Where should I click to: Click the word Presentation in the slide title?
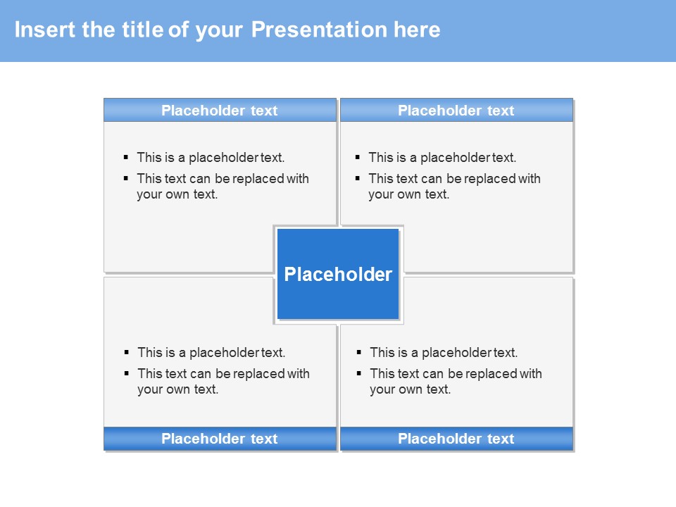(x=319, y=30)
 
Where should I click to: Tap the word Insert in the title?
(x=45, y=30)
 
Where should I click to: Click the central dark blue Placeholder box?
(x=338, y=274)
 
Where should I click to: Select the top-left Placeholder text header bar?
(x=220, y=110)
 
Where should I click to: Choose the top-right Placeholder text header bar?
(x=456, y=110)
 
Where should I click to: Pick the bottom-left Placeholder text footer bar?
(x=220, y=439)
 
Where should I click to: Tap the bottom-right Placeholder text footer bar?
(x=456, y=439)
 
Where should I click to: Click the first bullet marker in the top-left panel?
(x=126, y=157)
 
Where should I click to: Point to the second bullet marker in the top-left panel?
(x=126, y=178)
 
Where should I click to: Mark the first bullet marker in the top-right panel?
(x=358, y=157)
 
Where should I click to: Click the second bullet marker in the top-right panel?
(x=358, y=178)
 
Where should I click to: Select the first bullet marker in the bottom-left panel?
(x=126, y=352)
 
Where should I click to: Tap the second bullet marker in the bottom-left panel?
(x=126, y=373)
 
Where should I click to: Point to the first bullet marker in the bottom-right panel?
(x=358, y=352)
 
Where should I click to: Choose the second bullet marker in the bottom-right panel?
(x=358, y=373)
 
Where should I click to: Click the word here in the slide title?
(x=417, y=30)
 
